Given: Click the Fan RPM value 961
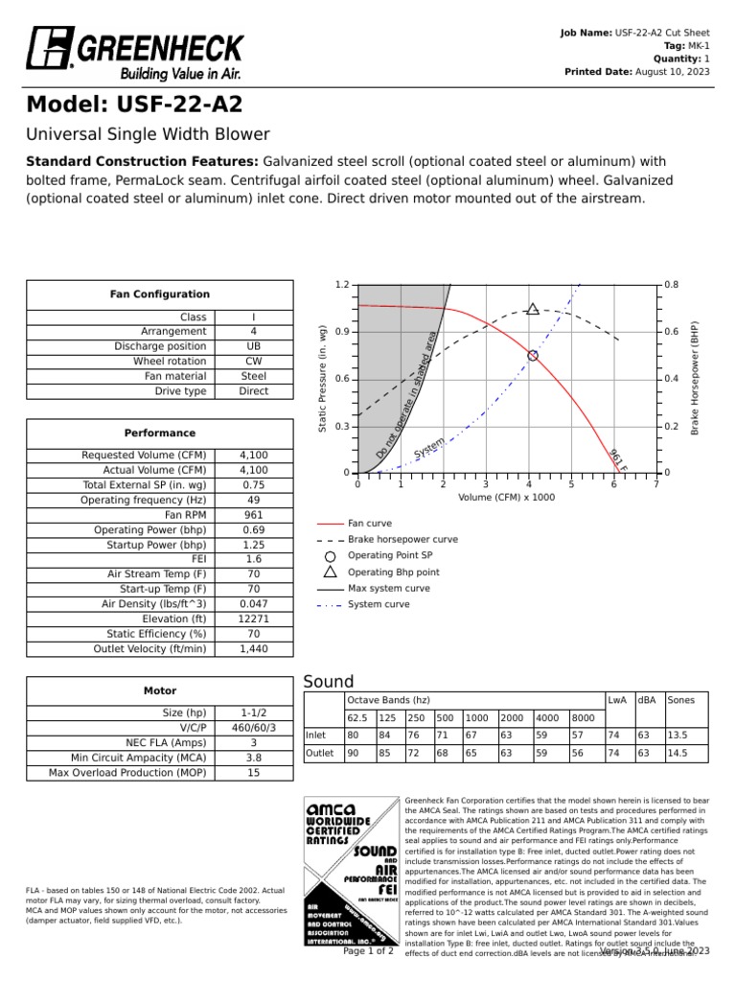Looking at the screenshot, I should pos(254,515).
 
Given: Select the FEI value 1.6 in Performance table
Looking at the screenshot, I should pos(254,559).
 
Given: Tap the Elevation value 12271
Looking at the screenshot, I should pos(254,619).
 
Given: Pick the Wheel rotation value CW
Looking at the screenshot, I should pos(254,362).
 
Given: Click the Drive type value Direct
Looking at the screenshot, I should pos(254,391).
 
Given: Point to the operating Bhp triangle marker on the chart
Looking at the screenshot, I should pos(533,309).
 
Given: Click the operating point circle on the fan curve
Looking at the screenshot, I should pos(533,355).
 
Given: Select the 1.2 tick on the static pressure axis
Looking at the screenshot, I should pos(342,285).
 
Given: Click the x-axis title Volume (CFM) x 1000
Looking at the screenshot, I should pos(506,498).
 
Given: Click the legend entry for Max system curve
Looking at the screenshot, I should pos(388,588).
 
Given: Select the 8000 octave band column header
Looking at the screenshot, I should pos(583,717).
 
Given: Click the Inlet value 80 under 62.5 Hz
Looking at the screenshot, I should pos(354,736).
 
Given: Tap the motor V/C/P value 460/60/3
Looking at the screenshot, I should pos(254,728).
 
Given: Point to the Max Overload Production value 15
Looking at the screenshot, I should pos(254,772).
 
